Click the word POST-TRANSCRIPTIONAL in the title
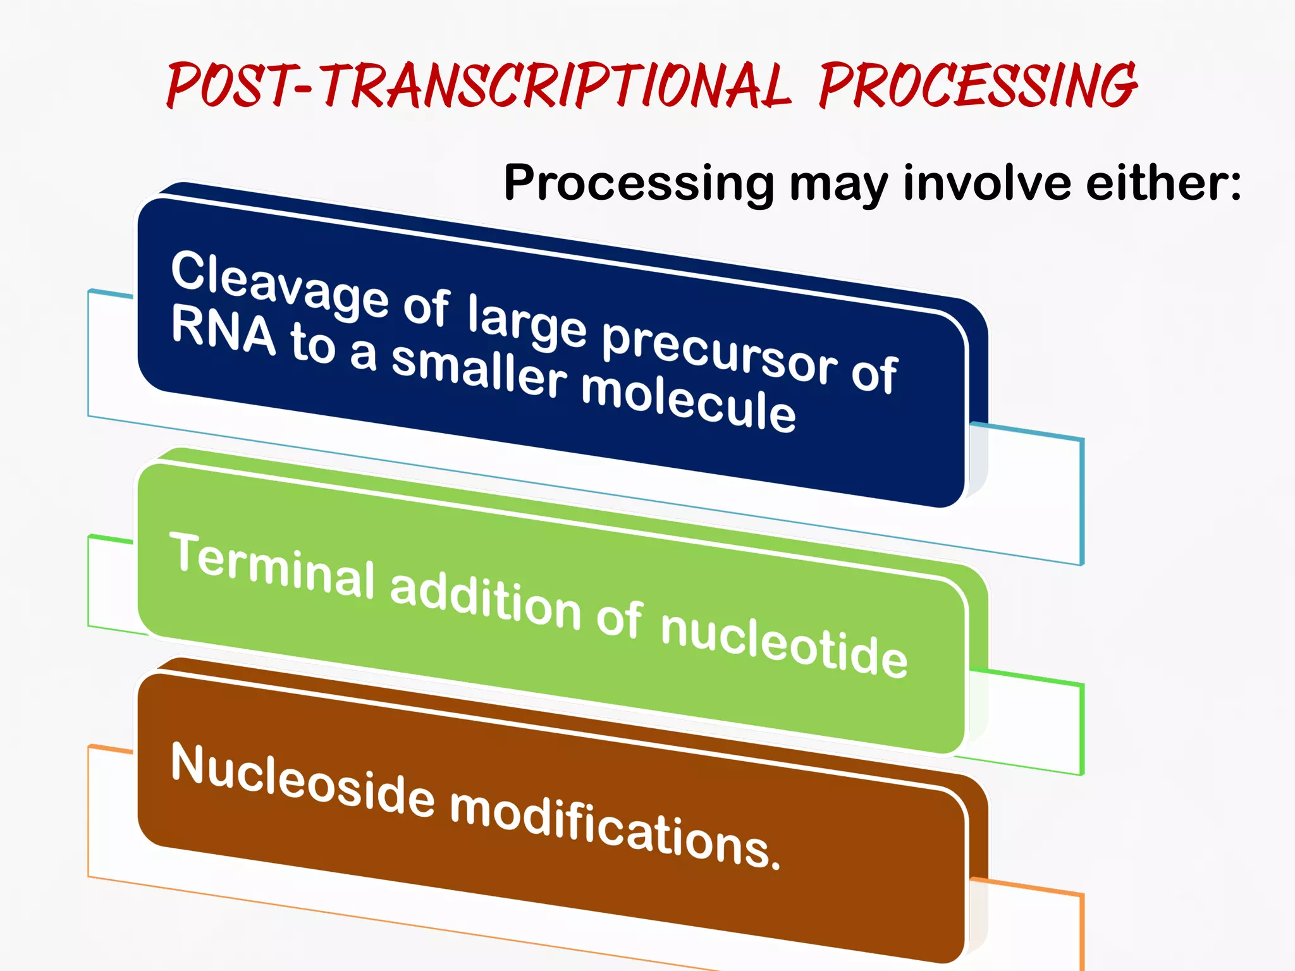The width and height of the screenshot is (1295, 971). [477, 85]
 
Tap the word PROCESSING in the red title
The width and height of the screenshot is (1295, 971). [977, 85]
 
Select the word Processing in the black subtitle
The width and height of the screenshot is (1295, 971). [639, 183]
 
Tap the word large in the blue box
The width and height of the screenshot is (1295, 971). [527, 322]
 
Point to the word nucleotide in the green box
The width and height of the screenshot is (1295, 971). [784, 645]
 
